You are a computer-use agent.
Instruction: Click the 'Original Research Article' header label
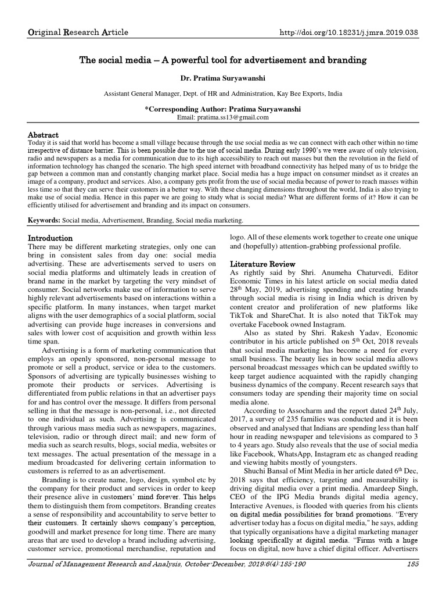[78, 31]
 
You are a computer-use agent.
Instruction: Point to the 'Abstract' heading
[44, 134]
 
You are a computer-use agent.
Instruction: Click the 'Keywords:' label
[45, 220]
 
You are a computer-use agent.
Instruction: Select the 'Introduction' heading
[51, 238]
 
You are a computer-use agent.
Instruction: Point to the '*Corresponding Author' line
[223, 109]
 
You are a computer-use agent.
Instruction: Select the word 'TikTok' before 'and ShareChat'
[242, 307]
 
